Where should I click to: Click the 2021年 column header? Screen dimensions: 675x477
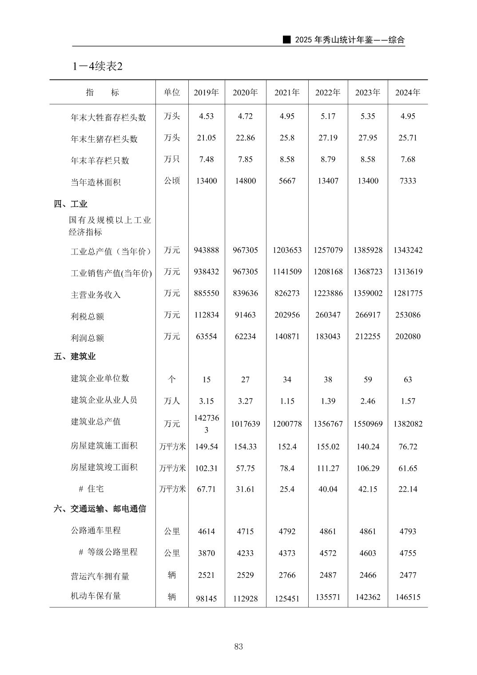tap(287, 92)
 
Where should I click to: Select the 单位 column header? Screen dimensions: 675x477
tap(172, 92)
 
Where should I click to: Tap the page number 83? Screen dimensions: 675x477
tap(238, 647)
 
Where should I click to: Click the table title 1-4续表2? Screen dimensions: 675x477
tap(97, 66)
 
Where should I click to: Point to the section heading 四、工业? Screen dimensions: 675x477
tap(71, 204)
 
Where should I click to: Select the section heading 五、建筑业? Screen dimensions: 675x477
tap(75, 356)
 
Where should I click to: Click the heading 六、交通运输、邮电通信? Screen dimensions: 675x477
tap(100, 508)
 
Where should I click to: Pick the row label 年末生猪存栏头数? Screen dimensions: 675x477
tap(104, 139)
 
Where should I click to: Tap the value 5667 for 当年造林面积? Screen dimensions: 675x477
tap(287, 181)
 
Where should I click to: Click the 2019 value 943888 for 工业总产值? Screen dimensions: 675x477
tap(206, 250)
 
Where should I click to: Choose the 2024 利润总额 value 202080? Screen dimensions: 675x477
tap(408, 336)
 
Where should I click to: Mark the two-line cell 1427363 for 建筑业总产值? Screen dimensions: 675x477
tap(206, 424)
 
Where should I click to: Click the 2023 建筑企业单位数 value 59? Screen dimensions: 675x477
tap(368, 379)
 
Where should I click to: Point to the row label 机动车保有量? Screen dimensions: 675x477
tap(95, 596)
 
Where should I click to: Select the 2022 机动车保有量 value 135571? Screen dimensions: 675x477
tap(328, 597)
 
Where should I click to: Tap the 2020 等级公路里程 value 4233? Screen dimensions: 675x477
tap(245, 553)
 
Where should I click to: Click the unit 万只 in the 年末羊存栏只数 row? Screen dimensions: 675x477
tap(172, 159)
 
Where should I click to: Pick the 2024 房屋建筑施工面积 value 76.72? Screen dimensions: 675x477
tap(408, 446)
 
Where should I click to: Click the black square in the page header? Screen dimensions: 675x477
tap(287, 40)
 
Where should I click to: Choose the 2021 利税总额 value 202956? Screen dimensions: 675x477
tap(287, 315)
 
